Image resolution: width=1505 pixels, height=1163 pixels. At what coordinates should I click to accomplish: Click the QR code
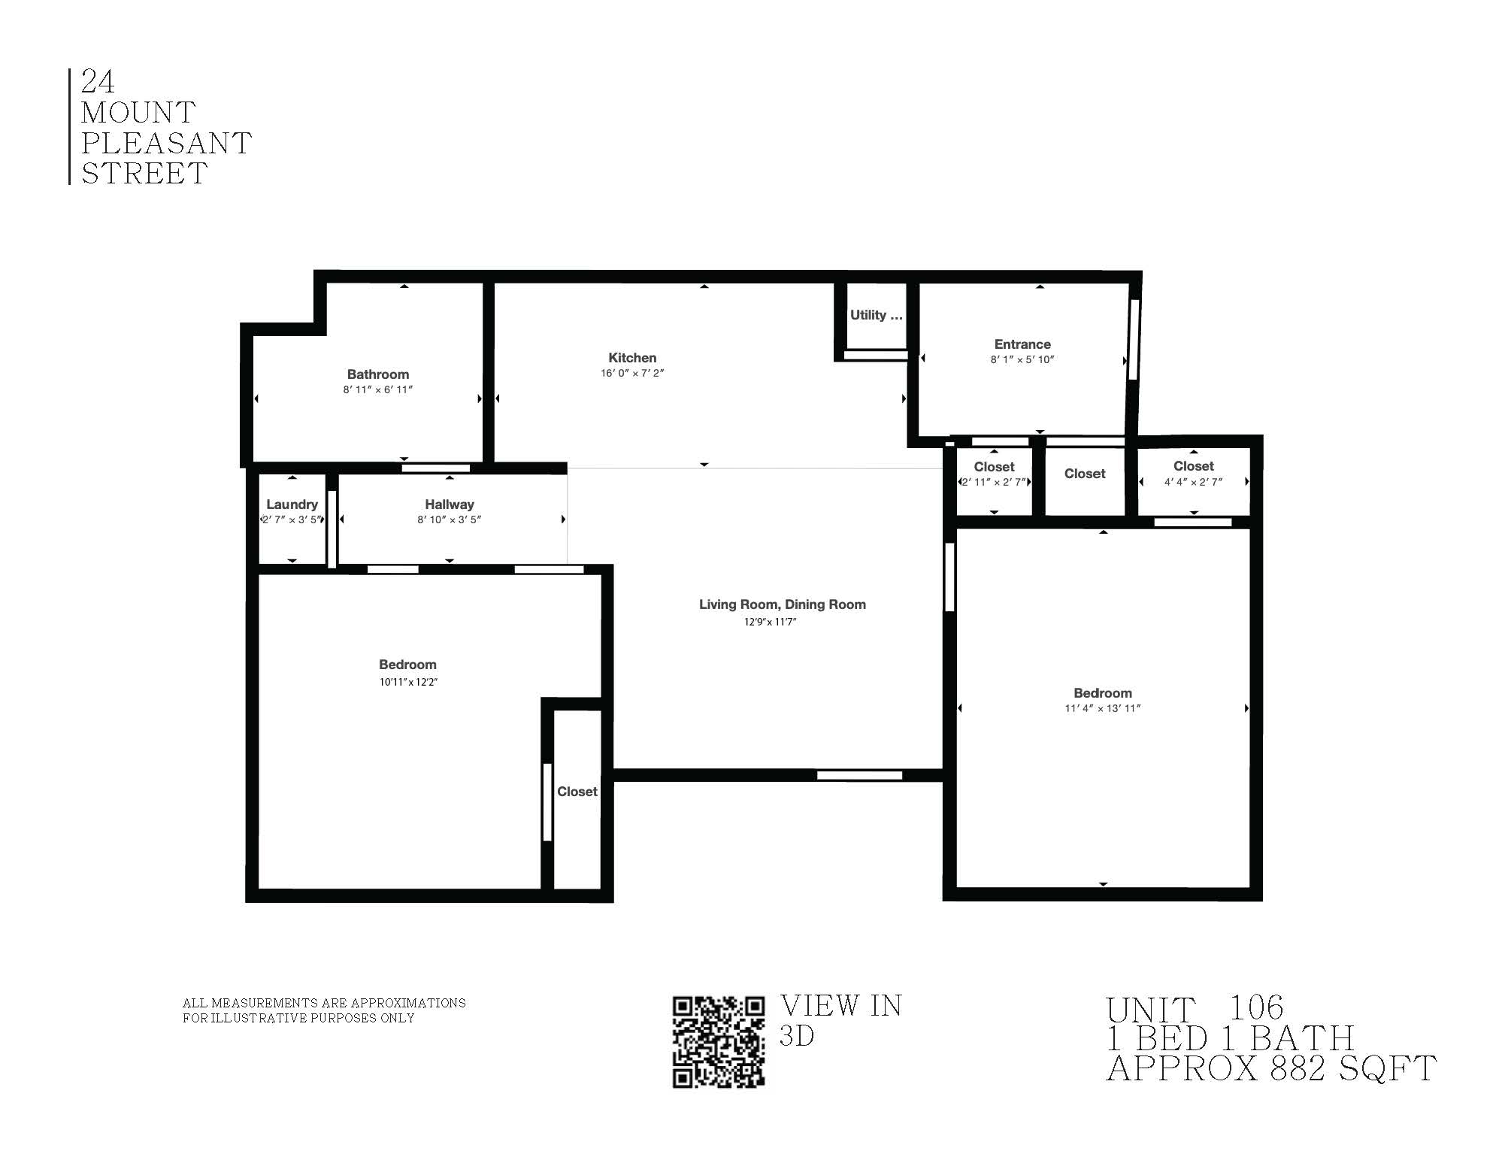click(x=718, y=1041)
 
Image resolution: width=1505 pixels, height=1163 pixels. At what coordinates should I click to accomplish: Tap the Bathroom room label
click(x=378, y=374)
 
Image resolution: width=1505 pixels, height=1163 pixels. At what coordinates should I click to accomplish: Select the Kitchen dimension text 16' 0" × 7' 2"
click(x=632, y=374)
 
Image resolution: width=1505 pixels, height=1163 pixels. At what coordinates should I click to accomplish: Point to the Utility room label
click(x=876, y=315)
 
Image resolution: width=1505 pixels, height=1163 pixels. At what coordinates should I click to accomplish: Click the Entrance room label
click(x=1022, y=344)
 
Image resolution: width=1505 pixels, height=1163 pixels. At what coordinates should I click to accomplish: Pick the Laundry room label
click(x=292, y=504)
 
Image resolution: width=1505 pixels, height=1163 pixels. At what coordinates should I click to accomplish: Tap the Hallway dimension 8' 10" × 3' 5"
click(x=450, y=519)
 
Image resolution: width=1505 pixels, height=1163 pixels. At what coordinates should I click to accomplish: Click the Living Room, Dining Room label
click(x=782, y=604)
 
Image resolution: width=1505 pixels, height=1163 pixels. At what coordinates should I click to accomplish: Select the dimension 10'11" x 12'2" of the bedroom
click(x=408, y=682)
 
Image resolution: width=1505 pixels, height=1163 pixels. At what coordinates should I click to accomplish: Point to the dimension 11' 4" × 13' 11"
click(x=1102, y=708)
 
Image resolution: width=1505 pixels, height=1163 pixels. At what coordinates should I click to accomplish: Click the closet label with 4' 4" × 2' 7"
click(x=1194, y=466)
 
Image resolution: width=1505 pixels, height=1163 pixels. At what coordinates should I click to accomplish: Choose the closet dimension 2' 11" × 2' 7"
click(x=995, y=482)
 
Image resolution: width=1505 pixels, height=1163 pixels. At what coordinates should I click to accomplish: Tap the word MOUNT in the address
click(x=138, y=113)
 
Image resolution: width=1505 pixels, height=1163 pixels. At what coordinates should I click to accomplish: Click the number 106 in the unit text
click(x=1255, y=1007)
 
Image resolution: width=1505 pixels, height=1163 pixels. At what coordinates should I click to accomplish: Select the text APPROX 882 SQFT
click(x=1270, y=1068)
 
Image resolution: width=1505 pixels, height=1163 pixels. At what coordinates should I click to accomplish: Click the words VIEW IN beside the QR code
click(x=840, y=1006)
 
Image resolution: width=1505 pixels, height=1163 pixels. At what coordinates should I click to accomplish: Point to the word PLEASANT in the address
click(x=166, y=144)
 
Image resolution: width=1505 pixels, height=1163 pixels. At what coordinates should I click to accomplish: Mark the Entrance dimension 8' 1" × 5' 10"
click(x=1022, y=360)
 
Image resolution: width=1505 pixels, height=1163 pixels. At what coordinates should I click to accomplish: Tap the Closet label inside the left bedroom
click(x=577, y=792)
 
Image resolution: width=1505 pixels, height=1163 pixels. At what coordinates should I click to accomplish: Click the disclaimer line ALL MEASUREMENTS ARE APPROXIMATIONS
click(x=324, y=1003)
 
